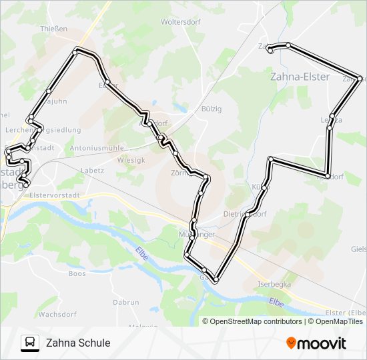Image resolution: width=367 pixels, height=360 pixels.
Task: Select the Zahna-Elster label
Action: click(300, 77)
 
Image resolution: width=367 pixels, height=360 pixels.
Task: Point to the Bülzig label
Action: click(211, 109)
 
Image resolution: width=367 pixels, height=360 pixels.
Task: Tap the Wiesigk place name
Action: click(131, 160)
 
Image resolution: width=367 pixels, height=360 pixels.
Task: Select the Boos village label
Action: click(77, 273)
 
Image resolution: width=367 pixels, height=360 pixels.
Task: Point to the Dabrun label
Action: click(125, 302)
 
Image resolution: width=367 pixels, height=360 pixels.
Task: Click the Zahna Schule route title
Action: click(78, 343)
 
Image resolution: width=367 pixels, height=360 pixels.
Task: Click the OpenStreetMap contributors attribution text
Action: click(256, 321)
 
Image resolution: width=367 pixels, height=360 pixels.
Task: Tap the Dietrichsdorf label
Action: click(244, 215)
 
